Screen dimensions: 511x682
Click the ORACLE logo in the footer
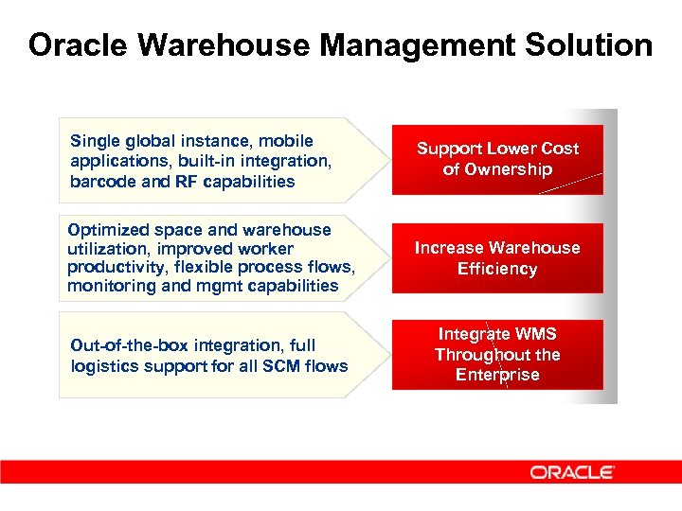click(x=573, y=471)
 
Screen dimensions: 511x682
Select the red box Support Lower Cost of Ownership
click(x=497, y=159)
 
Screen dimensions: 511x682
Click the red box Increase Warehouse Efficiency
click(x=497, y=258)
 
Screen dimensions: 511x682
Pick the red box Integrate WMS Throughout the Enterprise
click(x=497, y=355)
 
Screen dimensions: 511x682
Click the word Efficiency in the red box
click(x=497, y=269)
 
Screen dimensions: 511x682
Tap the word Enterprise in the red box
click(x=497, y=375)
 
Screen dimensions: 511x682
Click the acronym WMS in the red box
click(x=535, y=334)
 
